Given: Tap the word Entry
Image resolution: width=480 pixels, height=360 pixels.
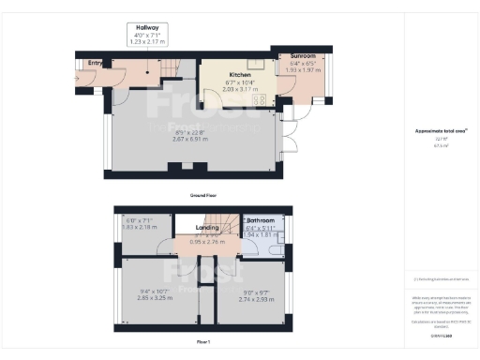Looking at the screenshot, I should point(95,63).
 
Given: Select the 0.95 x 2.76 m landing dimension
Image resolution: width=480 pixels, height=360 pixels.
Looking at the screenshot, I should point(207,242).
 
